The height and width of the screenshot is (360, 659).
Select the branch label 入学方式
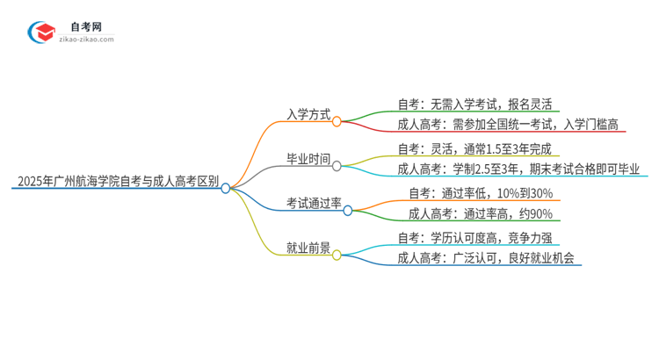pyautogui.click(x=308, y=113)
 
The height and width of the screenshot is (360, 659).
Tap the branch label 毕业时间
pyautogui.click(x=308, y=160)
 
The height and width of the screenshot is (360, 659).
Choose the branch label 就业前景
pyautogui.click(x=308, y=248)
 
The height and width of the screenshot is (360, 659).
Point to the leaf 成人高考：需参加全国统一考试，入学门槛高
pyautogui.click(x=507, y=125)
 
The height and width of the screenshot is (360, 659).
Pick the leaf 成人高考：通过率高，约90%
pyautogui.click(x=480, y=213)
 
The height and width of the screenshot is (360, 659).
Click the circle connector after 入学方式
pyautogui.click(x=337, y=121)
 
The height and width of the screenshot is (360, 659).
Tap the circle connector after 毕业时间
pyautogui.click(x=337, y=166)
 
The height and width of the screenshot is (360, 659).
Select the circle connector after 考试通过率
pyautogui.click(x=348, y=211)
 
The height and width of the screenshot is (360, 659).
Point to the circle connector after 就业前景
pyautogui.click(x=337, y=256)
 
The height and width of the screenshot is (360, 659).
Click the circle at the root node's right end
pyautogui.click(x=226, y=188)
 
